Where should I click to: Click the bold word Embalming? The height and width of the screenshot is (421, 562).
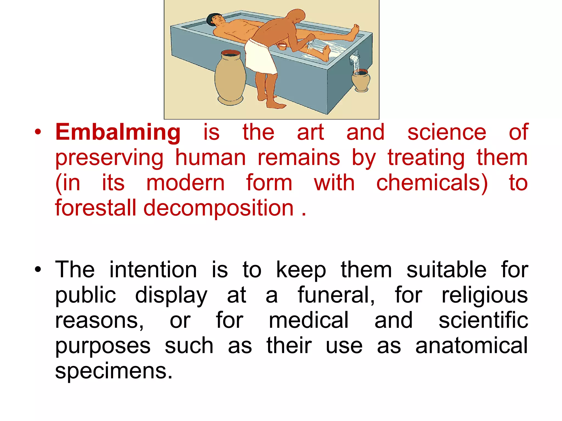coord(118,132)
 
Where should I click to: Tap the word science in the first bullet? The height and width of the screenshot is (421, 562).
coord(446,132)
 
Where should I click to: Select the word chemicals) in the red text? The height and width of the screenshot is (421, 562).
coord(432,183)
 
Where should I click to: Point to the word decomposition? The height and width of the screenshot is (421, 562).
coord(218,208)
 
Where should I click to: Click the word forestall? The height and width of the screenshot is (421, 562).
coord(95,208)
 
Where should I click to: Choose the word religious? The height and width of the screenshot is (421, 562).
coord(484,295)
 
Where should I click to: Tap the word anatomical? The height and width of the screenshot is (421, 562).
coord(471,346)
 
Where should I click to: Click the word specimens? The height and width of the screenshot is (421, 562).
coord(114,371)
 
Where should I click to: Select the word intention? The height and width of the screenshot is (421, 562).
coord(153,270)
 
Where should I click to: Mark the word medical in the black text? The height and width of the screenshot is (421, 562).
coord(308,320)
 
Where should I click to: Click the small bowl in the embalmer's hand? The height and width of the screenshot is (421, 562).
coord(282,46)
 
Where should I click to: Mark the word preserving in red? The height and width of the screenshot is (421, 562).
coord(109,158)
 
